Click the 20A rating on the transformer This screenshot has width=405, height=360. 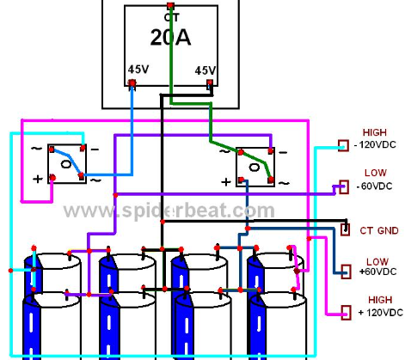coord(170,38)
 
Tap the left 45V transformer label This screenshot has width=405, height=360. coord(138,69)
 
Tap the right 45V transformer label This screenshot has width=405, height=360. coord(206,70)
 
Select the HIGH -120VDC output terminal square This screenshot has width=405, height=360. coord(343,145)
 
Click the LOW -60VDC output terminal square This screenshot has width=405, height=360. coord(344,186)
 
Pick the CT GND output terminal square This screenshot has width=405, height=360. coord(345,229)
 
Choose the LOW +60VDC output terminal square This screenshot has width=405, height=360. coord(346,272)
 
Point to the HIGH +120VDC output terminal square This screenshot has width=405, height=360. coord(346,313)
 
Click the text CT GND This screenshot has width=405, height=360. coord(379,230)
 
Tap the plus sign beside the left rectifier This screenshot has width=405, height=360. coord(38,179)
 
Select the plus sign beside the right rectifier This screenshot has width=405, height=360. coord(226,181)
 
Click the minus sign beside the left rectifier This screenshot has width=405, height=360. coord(95,149)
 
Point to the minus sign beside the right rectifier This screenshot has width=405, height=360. coord(283,152)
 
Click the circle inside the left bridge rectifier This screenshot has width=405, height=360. coord(66,164)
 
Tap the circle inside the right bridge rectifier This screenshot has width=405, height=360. coord(255,167)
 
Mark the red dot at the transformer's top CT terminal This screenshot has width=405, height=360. coord(170,5)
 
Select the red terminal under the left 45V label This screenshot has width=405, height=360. coord(132,83)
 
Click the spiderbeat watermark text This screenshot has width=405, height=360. coord(169,211)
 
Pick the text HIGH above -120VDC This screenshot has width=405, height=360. coord(375,132)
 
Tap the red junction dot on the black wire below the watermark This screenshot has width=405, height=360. coord(163,222)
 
